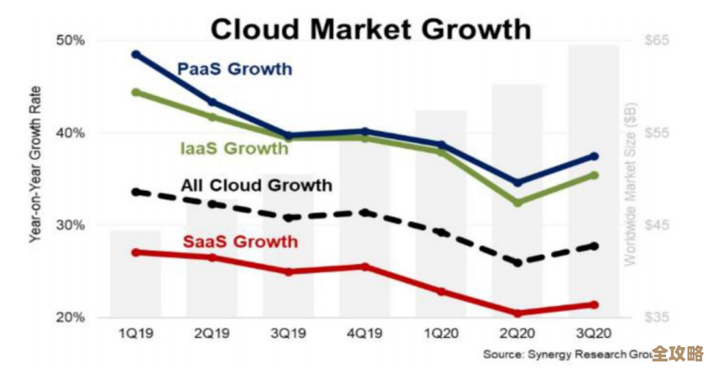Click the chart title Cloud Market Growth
click(x=370, y=29)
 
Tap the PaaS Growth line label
click(x=234, y=69)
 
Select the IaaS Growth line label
click(x=234, y=149)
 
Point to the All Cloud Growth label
click(x=257, y=185)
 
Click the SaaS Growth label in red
click(x=240, y=242)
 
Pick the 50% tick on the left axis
click(x=71, y=40)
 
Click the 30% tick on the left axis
click(x=71, y=225)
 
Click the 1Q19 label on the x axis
click(x=136, y=334)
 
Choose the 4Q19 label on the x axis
click(x=364, y=334)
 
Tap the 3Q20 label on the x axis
click(x=594, y=334)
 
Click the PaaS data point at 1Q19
click(x=136, y=54)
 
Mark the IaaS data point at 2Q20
click(x=517, y=203)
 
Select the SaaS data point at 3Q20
click(x=594, y=304)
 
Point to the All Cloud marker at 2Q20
click(x=517, y=263)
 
